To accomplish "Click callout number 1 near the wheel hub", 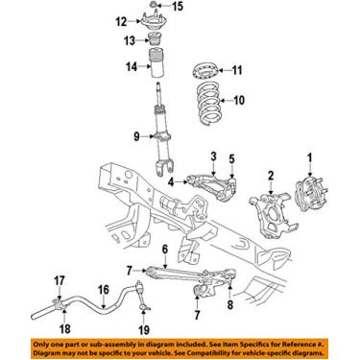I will (x=310, y=157).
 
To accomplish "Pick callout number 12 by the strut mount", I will (x=121, y=21).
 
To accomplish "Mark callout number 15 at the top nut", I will (x=160, y=8).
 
